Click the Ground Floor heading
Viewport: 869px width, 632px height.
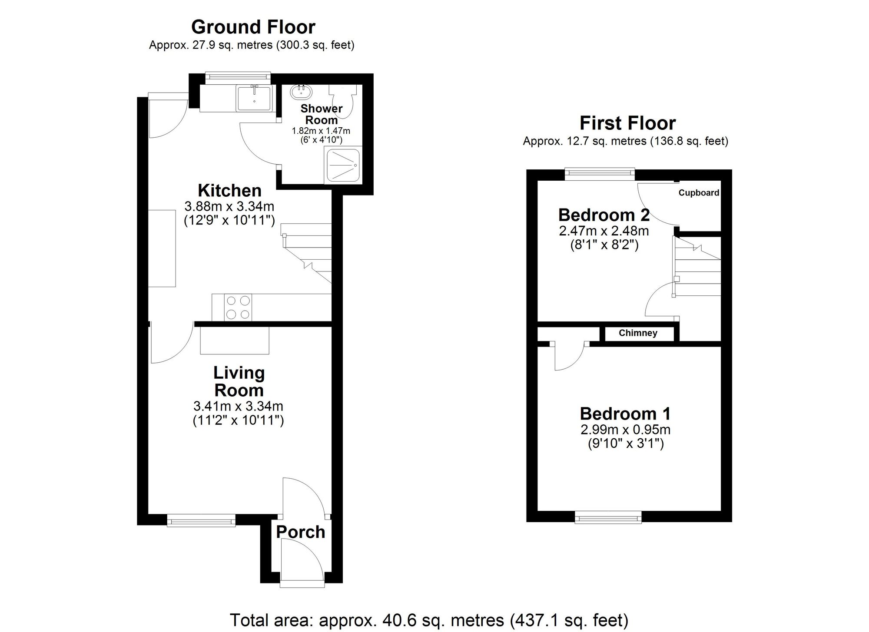point(253,27)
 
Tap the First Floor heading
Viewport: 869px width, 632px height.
point(627,123)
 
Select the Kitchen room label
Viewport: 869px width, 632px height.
point(229,191)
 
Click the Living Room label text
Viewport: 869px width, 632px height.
point(239,381)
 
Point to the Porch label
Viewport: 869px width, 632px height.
point(300,532)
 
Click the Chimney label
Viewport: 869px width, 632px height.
point(638,333)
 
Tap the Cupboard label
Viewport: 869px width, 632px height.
point(699,193)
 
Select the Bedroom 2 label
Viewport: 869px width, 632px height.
point(604,215)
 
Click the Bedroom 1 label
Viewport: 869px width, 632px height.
point(625,414)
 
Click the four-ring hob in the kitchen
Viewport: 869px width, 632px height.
point(238,308)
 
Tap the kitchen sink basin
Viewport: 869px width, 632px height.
point(254,98)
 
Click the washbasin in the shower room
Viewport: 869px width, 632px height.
point(300,92)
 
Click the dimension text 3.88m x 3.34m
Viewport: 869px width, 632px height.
point(229,206)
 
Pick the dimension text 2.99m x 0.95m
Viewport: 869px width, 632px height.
point(625,430)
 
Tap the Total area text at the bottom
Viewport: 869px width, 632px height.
point(429,620)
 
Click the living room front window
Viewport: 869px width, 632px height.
point(201,520)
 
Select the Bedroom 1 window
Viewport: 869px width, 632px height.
point(608,517)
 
